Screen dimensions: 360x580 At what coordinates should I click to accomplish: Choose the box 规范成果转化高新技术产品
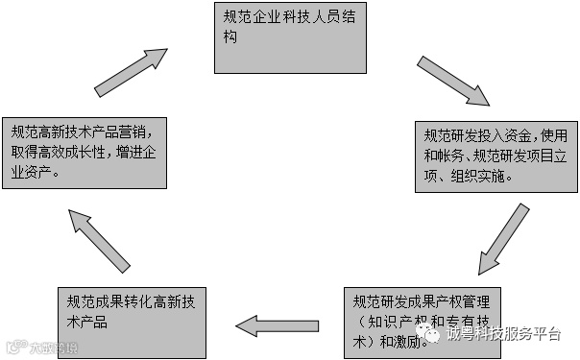[x=130, y=320]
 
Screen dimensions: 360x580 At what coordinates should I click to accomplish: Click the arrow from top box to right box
[x=454, y=82]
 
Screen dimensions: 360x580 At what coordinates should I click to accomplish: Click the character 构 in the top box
[x=229, y=40]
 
